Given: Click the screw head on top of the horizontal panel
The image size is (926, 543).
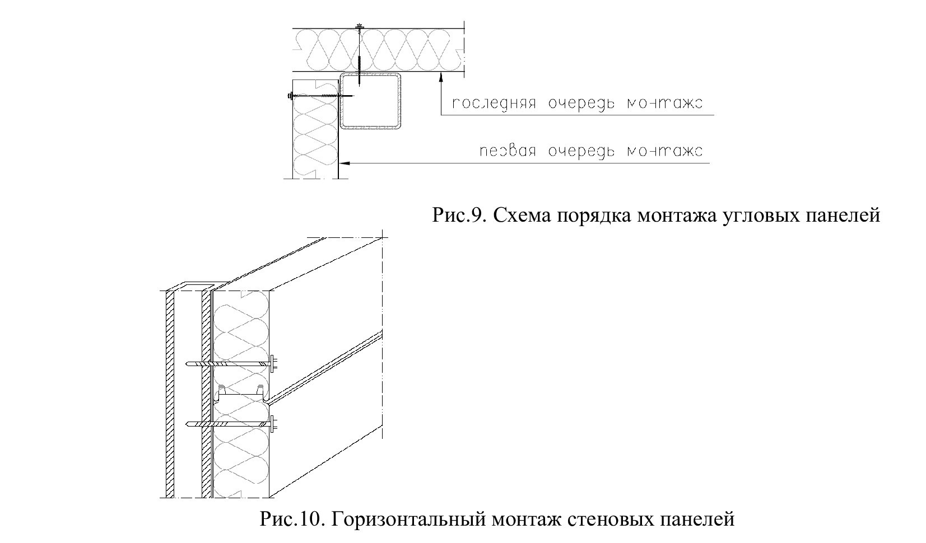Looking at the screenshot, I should click(x=359, y=26).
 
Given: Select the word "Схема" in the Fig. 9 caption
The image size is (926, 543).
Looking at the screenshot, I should click(x=521, y=215).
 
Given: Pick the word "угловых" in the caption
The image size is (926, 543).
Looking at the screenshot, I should click(x=768, y=215).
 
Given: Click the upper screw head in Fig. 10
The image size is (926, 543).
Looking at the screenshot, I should click(x=273, y=364).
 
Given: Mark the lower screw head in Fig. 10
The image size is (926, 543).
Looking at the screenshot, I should click(x=273, y=423).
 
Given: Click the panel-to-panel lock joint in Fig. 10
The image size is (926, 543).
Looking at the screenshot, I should click(x=241, y=395).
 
